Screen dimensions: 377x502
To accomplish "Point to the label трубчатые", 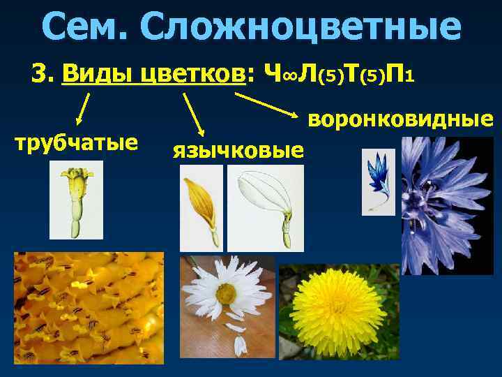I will point(77,144).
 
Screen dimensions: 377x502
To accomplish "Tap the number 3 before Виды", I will point(39,73).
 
